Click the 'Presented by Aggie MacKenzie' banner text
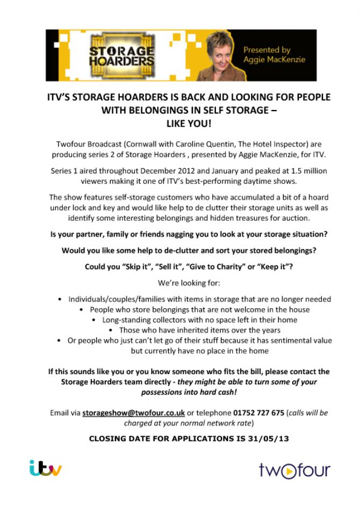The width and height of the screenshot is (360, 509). tap(274, 55)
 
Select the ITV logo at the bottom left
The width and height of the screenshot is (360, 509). tap(45, 468)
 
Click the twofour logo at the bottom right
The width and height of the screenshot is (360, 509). tap(294, 470)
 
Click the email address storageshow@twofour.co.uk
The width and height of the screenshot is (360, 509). tap(134, 413)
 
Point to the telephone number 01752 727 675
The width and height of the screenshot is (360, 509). tap(258, 413)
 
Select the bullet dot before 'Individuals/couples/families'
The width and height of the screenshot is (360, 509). tap(60, 299)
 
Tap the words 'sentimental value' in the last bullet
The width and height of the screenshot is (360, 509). tap(299, 340)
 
